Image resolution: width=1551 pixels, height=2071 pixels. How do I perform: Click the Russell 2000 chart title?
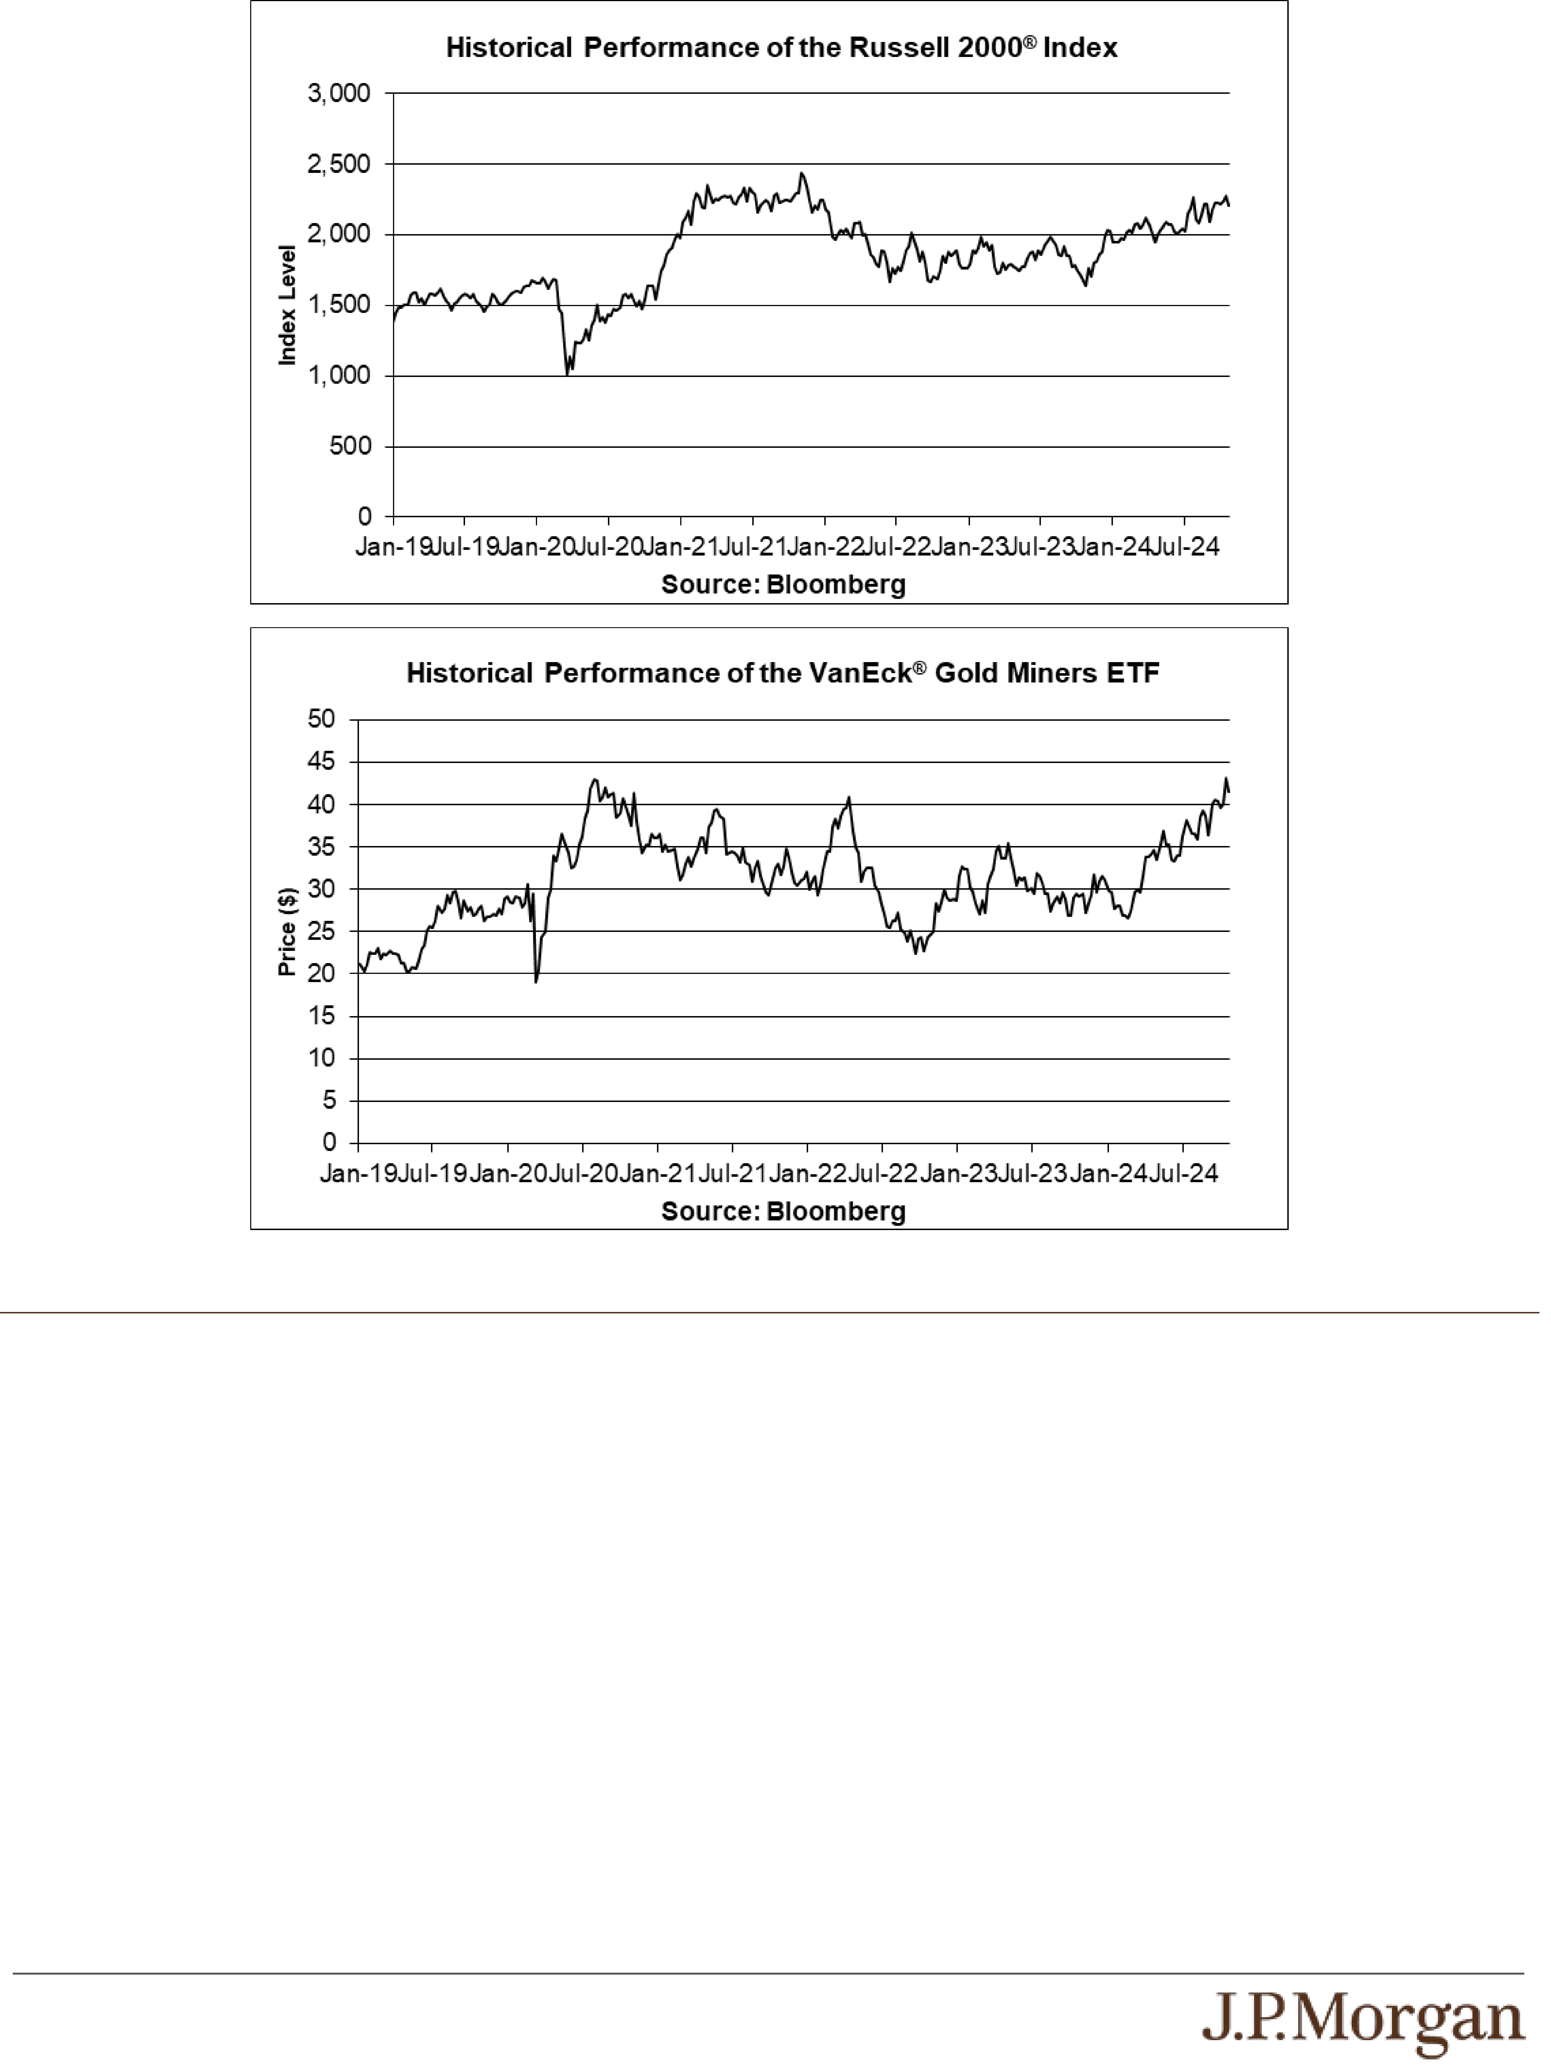coord(781,48)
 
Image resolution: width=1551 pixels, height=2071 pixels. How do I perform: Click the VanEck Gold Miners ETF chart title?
coord(782,673)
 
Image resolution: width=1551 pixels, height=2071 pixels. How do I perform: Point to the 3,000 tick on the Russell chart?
coord(339,94)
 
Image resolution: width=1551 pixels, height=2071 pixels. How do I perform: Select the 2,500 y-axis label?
coord(339,164)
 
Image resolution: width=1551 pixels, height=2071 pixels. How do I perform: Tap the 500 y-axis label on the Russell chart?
coord(350,447)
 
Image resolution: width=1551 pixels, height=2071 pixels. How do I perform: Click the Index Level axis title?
coord(288,305)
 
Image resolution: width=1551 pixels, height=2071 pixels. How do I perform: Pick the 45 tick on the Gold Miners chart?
coord(321,762)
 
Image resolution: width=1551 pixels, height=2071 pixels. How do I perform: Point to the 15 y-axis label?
coord(321,1016)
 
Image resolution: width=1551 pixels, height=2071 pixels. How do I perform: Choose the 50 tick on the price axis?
coord(321,719)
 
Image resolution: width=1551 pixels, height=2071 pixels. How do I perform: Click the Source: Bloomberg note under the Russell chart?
coord(783,585)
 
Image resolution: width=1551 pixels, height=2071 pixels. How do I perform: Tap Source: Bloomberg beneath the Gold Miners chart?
coord(783,1212)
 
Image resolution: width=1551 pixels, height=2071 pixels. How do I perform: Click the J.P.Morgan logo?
coord(1363,2022)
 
